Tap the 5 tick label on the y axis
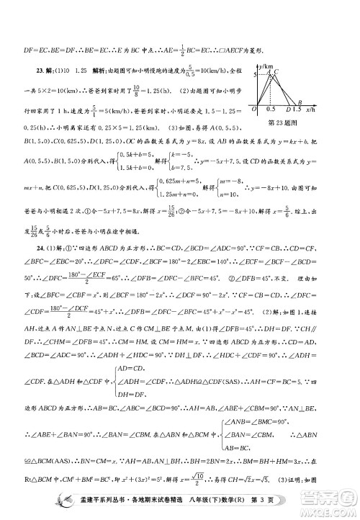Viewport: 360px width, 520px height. pos(254,75)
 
